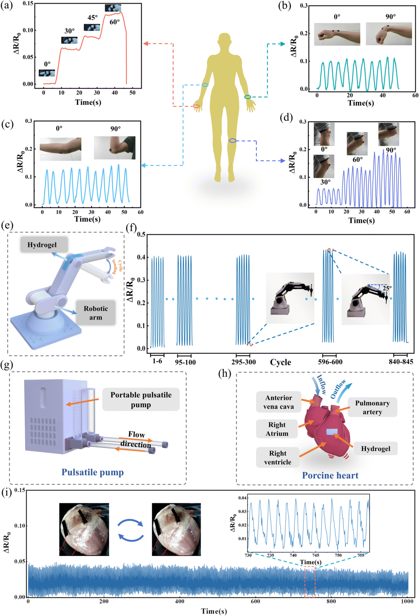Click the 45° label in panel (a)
point(93,17)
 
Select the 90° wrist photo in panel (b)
point(389,34)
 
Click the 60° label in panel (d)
point(358,159)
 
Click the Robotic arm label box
point(95,313)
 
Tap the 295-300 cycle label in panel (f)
point(244,362)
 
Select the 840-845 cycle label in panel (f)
point(401,362)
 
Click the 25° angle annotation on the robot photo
point(387,288)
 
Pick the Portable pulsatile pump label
point(141,400)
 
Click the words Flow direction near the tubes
point(136,440)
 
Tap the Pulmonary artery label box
point(372,407)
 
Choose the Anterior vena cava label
point(279,402)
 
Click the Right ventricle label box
point(277,457)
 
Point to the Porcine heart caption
point(330,475)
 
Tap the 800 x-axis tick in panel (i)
point(331,601)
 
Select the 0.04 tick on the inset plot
point(242,498)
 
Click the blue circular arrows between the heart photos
point(130,530)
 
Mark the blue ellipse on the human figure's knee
point(232,140)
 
